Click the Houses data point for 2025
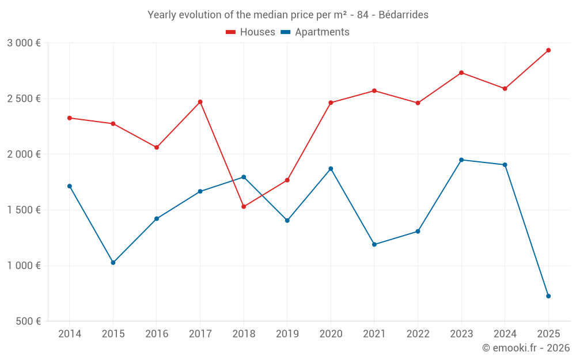click(x=548, y=50)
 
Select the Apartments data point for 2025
click(x=548, y=296)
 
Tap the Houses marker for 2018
click(x=244, y=206)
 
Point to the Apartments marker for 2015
click(x=113, y=263)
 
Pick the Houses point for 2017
click(x=200, y=102)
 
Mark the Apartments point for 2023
click(x=461, y=160)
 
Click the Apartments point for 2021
click(x=374, y=244)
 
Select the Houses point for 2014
click(x=70, y=118)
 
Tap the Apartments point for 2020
click(x=331, y=169)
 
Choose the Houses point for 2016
click(x=157, y=147)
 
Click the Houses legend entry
click(x=251, y=32)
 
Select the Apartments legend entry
click(x=315, y=32)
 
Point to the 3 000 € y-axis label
click(x=24, y=43)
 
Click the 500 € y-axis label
click(x=28, y=321)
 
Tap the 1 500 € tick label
click(x=24, y=210)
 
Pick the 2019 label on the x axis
click(x=287, y=334)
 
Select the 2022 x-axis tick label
click(x=418, y=334)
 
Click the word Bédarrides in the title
click(x=403, y=15)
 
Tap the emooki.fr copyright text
click(x=525, y=348)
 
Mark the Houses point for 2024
click(x=505, y=89)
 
